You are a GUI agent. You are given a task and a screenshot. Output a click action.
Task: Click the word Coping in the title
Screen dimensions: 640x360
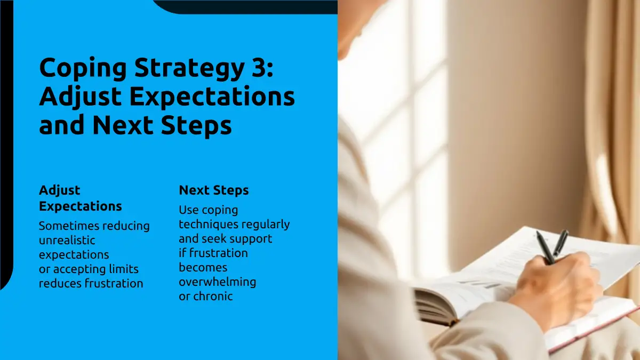[x=83, y=69]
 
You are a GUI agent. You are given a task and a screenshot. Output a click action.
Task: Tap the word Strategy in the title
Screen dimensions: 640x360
[x=189, y=69]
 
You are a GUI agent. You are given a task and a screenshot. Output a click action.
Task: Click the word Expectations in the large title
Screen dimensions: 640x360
[x=212, y=97]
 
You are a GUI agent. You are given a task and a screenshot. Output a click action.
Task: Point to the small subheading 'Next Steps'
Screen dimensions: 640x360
[x=214, y=190]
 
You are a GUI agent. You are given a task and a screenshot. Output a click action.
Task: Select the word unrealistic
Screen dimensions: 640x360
[x=67, y=240]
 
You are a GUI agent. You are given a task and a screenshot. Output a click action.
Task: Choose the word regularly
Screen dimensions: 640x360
[x=266, y=225]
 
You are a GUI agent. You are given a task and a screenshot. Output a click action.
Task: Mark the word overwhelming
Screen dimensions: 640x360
[x=218, y=282]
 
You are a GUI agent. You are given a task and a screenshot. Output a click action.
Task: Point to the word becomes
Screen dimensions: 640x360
[x=203, y=267]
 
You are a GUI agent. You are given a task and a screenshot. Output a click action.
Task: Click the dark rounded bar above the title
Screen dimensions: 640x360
[x=246, y=6]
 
